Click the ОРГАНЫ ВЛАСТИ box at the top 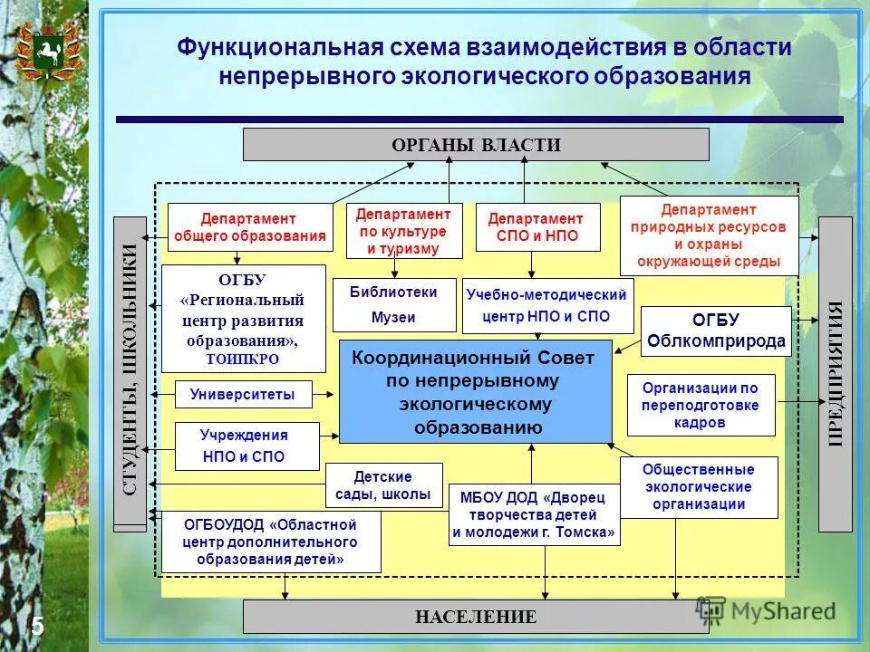[x=476, y=145]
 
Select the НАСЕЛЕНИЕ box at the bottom [x=476, y=617]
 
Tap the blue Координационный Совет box [x=476, y=392]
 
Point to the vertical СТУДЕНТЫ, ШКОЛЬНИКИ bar [x=130, y=373]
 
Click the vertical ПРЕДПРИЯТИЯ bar [x=835, y=373]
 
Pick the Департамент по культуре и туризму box [x=404, y=231]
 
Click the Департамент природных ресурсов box [x=709, y=235]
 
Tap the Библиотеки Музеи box [x=393, y=305]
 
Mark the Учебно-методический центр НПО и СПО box [x=547, y=306]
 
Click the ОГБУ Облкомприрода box [x=716, y=332]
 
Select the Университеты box [x=242, y=395]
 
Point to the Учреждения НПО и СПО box [x=246, y=446]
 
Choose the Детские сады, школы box [x=383, y=485]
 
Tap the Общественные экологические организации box [x=698, y=487]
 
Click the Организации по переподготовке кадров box [x=701, y=405]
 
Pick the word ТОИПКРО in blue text [x=243, y=359]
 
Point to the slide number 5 [x=38, y=625]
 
